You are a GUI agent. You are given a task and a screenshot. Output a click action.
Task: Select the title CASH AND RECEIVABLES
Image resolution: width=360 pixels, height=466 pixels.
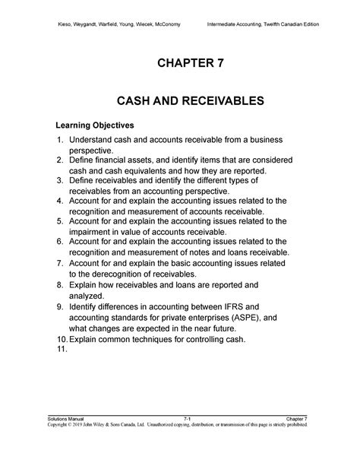(x=180, y=100)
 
